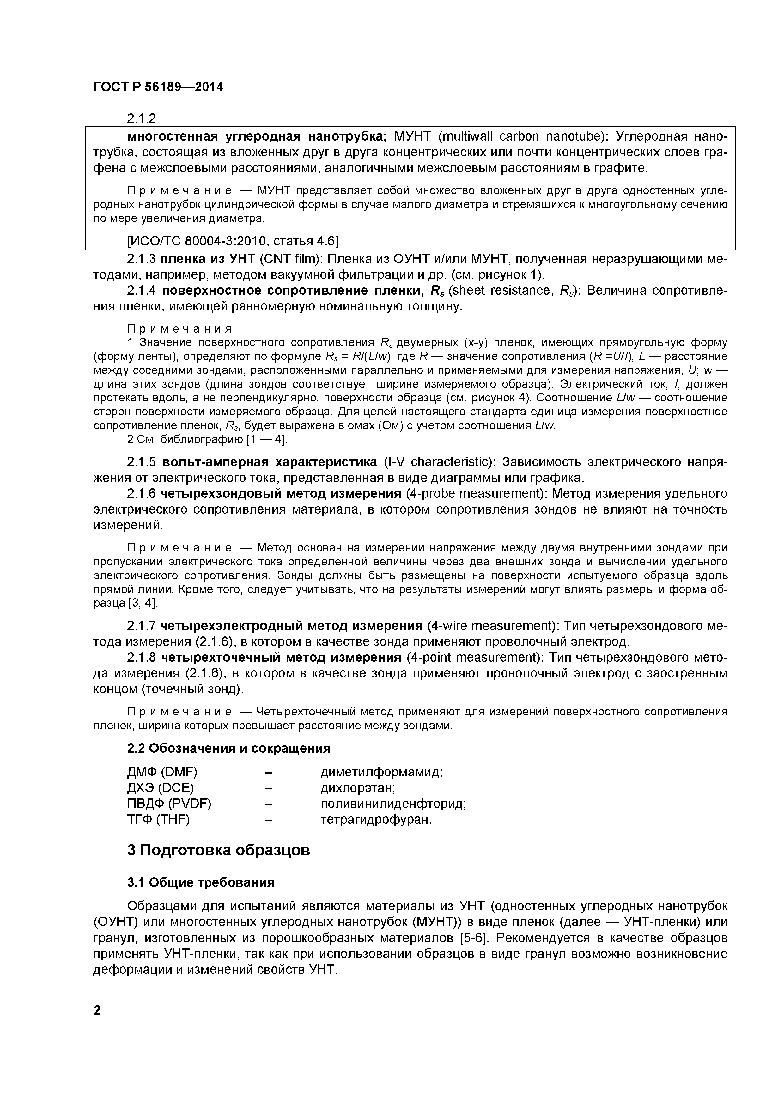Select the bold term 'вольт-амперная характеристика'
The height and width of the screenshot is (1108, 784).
[269, 462]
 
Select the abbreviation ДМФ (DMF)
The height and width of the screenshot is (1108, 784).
[162, 772]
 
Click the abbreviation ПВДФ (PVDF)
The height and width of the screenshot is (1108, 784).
[169, 804]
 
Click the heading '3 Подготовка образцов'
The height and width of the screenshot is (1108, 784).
[218, 850]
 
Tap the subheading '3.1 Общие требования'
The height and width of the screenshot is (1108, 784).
[200, 882]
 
